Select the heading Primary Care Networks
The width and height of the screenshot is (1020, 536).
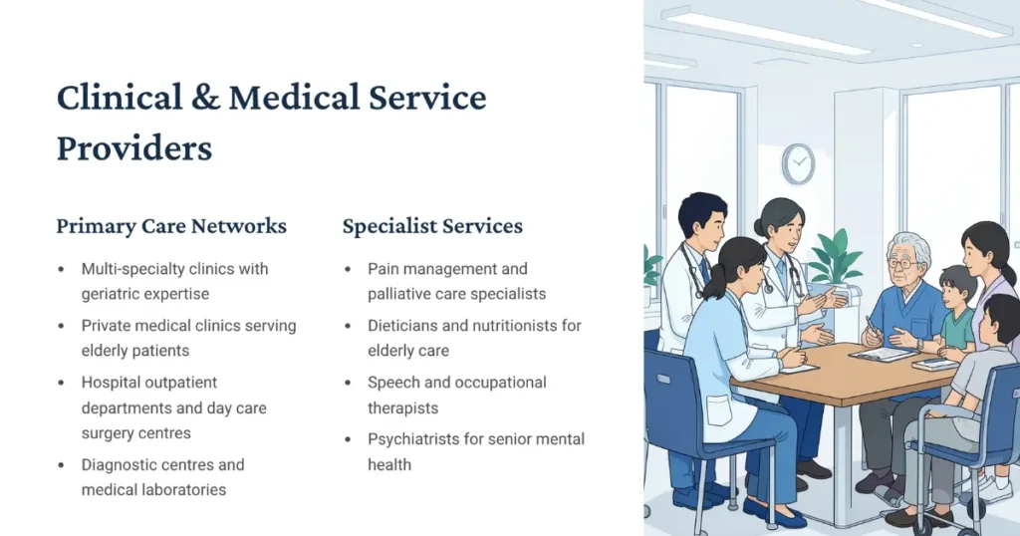coord(171,226)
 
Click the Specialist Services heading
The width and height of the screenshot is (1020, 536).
coord(432,226)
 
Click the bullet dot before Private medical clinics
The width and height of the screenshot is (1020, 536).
coord(62,326)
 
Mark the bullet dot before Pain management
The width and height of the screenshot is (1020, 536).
coord(348,269)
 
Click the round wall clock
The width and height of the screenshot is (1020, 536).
coord(798,164)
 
